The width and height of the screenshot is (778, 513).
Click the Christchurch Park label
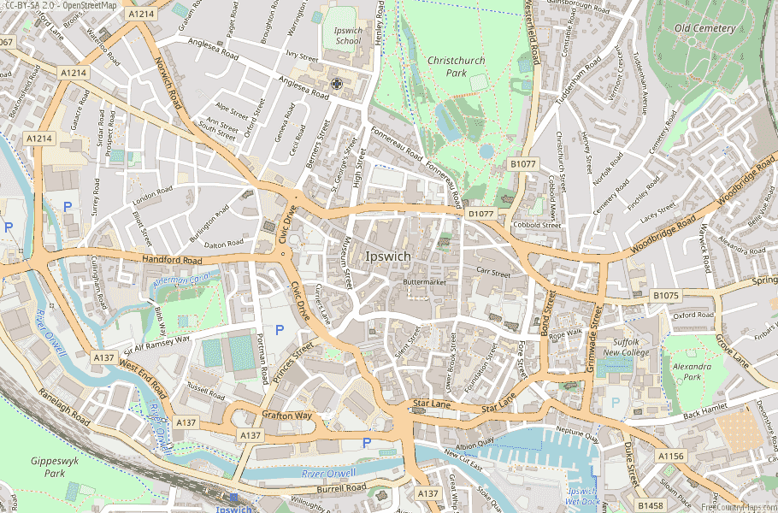tap(456, 68)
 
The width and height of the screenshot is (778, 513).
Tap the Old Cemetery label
tap(704, 28)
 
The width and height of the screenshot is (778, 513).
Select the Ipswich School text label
tap(348, 36)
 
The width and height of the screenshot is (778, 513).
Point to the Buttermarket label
tap(426, 281)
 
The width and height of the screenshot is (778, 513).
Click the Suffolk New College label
tap(626, 346)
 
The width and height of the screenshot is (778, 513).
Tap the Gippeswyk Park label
tap(48, 466)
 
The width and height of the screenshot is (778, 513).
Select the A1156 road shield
tap(670, 457)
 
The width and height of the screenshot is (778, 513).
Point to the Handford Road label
tap(173, 260)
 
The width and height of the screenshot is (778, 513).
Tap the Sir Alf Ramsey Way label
tap(157, 344)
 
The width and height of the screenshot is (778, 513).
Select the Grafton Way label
tap(288, 416)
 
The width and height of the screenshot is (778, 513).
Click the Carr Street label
tap(493, 274)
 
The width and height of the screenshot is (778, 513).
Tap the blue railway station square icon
tap(233, 496)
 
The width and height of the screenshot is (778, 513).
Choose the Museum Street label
tap(348, 263)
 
